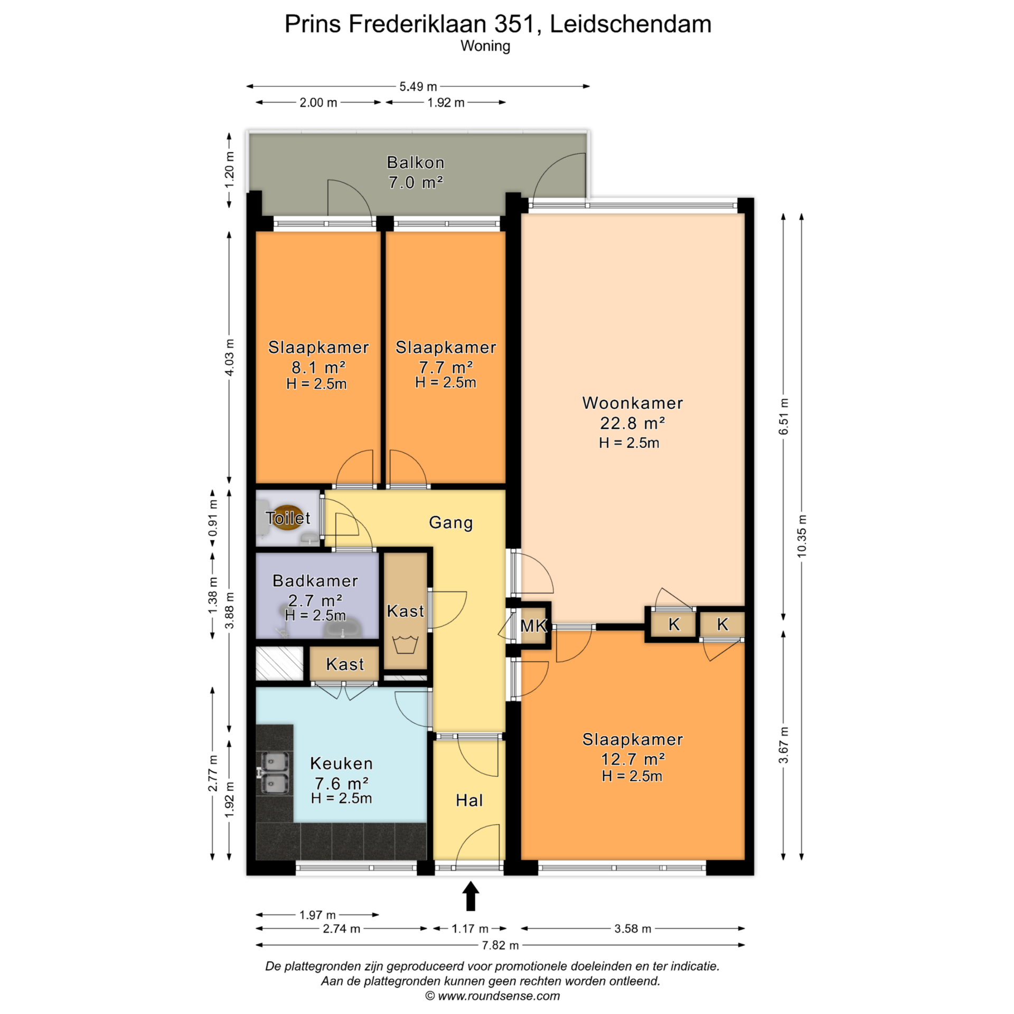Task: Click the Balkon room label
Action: [x=416, y=163]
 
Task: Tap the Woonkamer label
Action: [x=632, y=403]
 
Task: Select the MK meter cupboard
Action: [x=533, y=626]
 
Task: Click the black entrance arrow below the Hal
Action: [x=471, y=896]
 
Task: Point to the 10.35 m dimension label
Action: [x=802, y=536]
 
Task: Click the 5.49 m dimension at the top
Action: [x=418, y=87]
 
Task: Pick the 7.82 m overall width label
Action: [x=500, y=945]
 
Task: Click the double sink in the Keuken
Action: [x=274, y=773]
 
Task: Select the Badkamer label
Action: [x=315, y=581]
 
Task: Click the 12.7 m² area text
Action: [x=633, y=759]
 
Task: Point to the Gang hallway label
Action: [x=450, y=523]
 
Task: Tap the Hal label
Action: [x=469, y=801]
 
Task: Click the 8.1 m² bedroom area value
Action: [x=318, y=367]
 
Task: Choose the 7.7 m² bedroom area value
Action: [x=446, y=367]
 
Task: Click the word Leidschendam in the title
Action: [x=631, y=24]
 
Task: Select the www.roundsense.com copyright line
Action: [x=492, y=996]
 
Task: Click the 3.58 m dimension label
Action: [x=632, y=928]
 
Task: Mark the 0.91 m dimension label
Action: [x=213, y=518]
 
